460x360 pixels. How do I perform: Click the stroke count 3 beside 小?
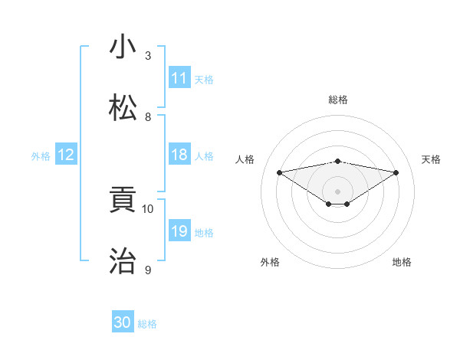[x=148, y=56]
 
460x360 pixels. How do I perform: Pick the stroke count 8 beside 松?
[x=148, y=117]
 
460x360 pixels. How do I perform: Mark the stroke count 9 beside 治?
[x=148, y=270]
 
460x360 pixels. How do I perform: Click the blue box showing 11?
[x=179, y=78]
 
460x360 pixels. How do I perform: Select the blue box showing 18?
[x=179, y=155]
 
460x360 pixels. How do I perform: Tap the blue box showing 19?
[x=179, y=231]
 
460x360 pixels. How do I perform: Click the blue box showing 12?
[x=66, y=155]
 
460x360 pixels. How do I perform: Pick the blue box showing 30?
[x=123, y=323]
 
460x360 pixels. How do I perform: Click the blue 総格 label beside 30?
[x=147, y=324]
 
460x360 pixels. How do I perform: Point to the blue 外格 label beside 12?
[x=41, y=155]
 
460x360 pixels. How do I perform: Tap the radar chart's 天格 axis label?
[x=432, y=159]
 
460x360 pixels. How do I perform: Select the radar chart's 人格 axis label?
[x=245, y=159]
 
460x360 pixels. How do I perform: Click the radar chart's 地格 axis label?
[x=402, y=262]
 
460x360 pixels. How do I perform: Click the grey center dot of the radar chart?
[x=337, y=191]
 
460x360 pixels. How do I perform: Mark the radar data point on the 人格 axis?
[x=279, y=172]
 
